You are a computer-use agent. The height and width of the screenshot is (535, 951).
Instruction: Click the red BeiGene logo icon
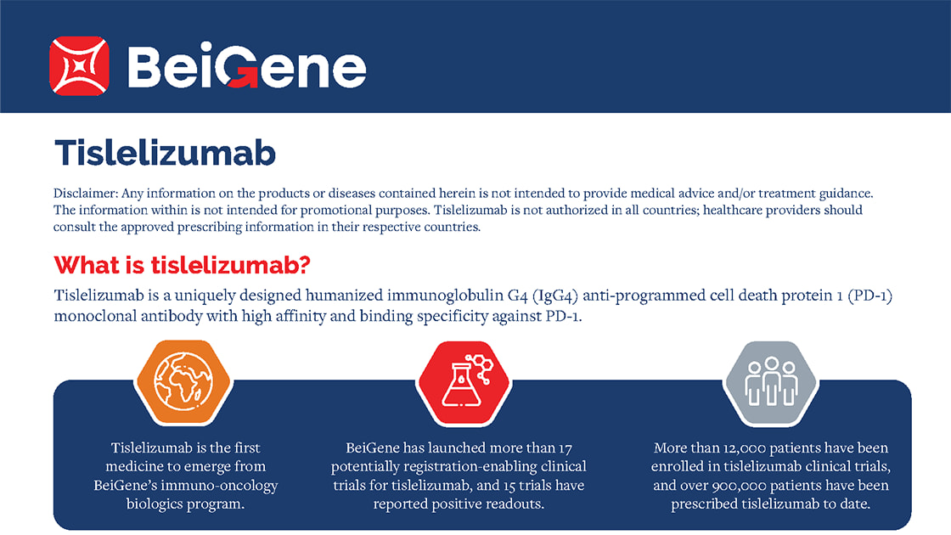click(x=80, y=66)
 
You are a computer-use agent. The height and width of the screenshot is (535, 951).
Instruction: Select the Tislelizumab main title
click(x=165, y=152)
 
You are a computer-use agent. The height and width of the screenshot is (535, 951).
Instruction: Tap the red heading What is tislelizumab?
click(x=182, y=265)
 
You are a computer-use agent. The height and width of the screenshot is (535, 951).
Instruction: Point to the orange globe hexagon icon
click(x=183, y=382)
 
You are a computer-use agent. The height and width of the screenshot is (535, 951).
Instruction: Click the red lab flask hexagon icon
click(x=464, y=382)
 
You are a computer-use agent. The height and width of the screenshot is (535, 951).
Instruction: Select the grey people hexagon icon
click(x=771, y=382)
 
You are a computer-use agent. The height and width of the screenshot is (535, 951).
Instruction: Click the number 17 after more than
click(x=565, y=448)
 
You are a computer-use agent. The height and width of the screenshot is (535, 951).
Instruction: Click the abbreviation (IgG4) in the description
click(x=555, y=296)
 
